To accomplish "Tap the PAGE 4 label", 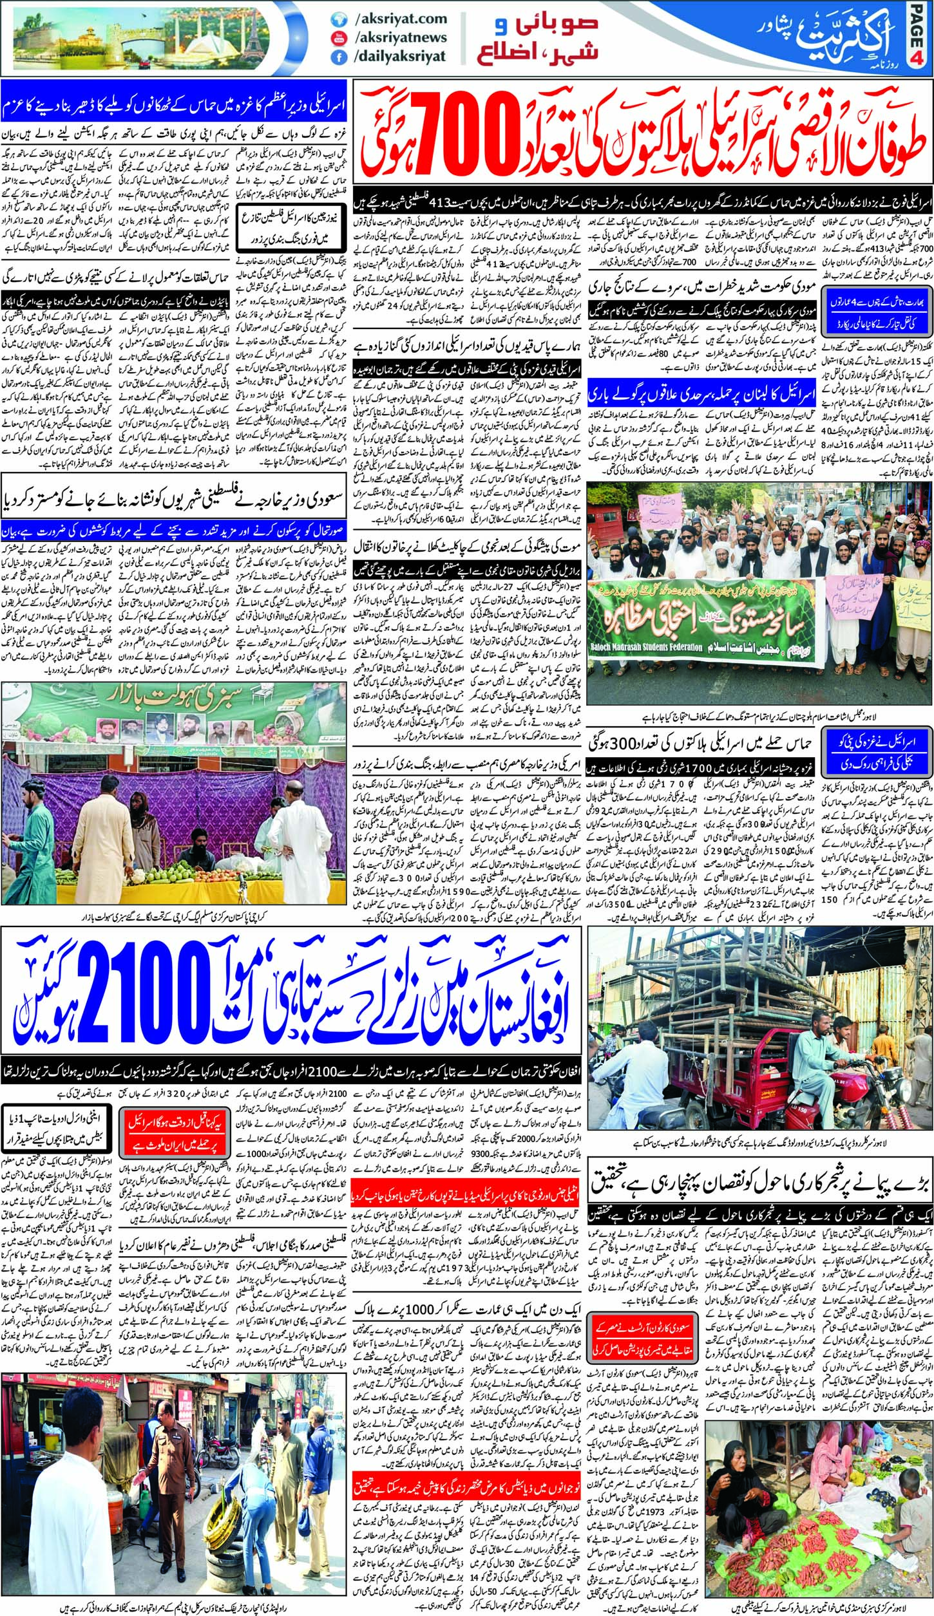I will point(920,39).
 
